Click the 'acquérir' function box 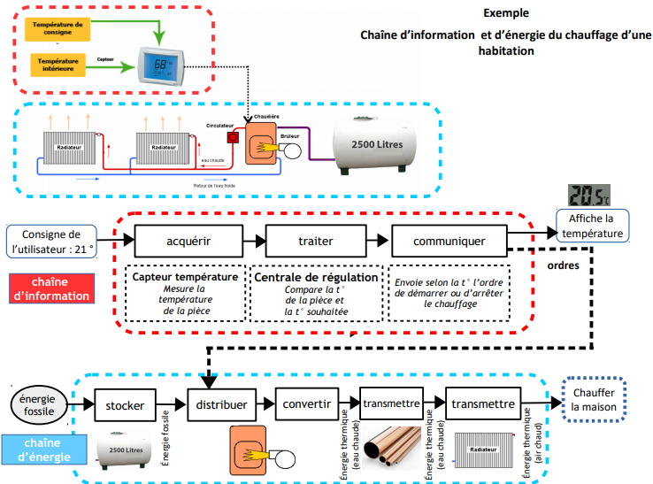pos(188,240)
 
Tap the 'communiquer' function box pos(449,240)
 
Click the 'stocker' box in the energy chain pos(125,405)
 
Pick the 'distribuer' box pos(222,405)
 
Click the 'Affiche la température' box pos(590,226)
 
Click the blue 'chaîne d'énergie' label pos(42,449)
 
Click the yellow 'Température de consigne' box pos(58,29)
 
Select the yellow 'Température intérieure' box pos(58,65)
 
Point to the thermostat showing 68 pos(161,66)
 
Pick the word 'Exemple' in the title pos(506,13)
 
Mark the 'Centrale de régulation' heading pos(317,277)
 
